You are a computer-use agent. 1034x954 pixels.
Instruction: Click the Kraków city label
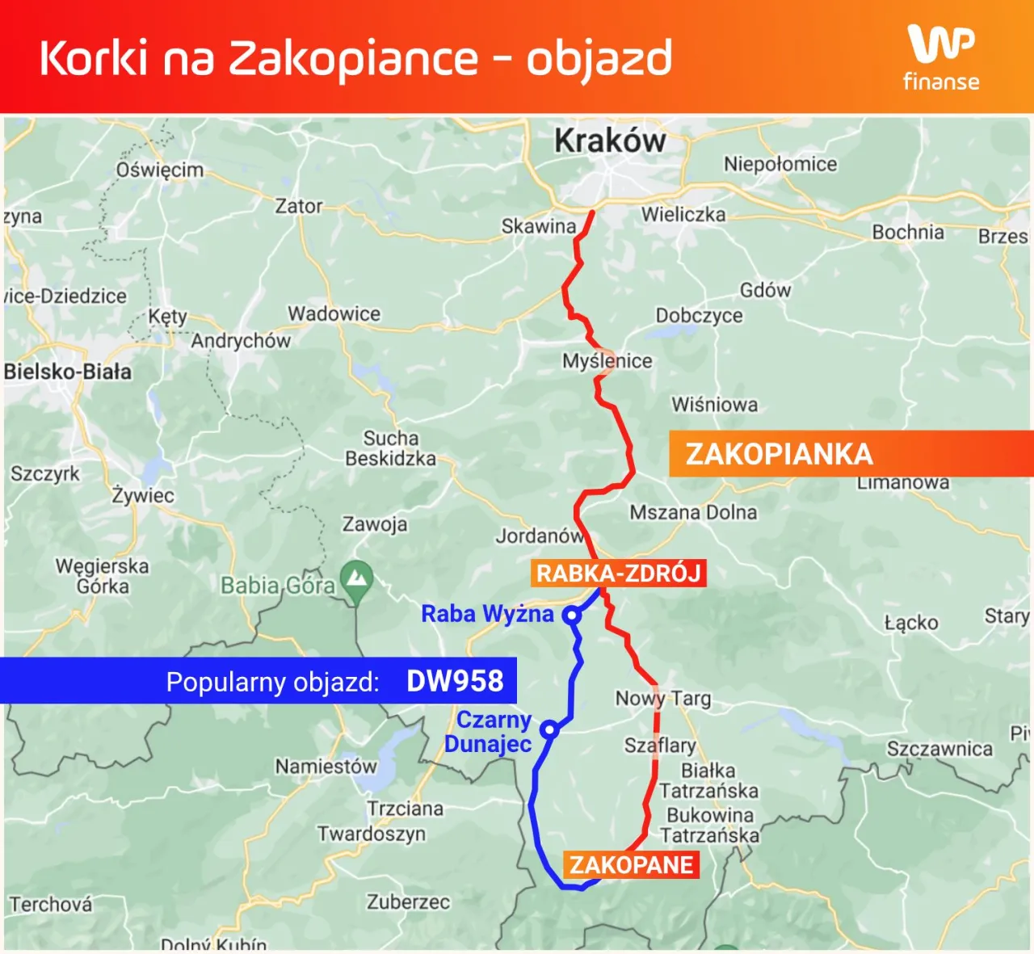(610, 141)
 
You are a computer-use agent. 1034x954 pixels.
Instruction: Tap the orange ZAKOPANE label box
(631, 864)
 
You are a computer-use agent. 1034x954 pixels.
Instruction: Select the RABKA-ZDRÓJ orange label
(619, 574)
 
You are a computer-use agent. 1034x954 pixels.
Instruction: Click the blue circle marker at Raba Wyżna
(572, 616)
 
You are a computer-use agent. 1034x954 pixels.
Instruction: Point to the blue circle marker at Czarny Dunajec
(549, 729)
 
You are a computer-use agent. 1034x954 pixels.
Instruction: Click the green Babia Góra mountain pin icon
(356, 579)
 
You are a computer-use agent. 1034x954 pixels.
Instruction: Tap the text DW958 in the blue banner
(455, 681)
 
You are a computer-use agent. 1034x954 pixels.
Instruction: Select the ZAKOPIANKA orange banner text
(779, 454)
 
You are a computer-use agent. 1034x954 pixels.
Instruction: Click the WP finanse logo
(941, 57)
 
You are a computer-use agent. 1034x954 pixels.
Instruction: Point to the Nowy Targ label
(662, 698)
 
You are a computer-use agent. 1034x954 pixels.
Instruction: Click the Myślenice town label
(607, 361)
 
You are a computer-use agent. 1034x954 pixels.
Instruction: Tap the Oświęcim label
(160, 170)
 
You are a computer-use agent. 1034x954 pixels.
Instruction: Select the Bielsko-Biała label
(68, 372)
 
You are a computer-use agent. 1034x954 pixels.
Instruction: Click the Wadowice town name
(334, 313)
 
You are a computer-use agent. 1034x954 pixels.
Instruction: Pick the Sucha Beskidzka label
(391, 448)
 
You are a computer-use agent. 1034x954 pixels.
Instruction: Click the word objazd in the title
(599, 58)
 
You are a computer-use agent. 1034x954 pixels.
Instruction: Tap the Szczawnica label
(939, 749)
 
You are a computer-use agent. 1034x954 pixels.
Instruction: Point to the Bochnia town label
(908, 233)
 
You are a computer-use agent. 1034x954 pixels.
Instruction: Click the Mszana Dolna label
(693, 512)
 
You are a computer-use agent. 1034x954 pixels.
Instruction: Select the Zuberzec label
(408, 901)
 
